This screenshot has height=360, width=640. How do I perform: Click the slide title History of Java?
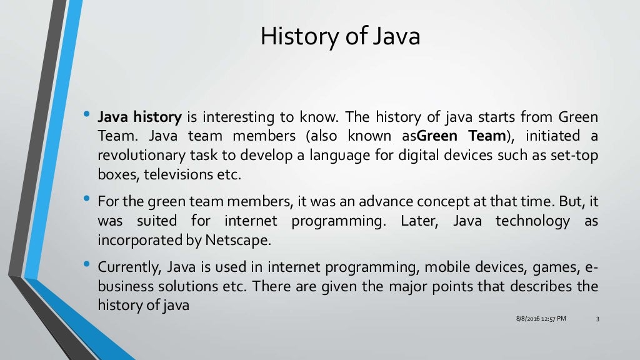click(x=340, y=36)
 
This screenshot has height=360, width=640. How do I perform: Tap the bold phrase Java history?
click(x=139, y=117)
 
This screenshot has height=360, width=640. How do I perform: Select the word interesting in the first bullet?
click(x=236, y=117)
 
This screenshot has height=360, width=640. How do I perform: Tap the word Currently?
click(x=130, y=267)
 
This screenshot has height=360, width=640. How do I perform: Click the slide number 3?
click(x=597, y=319)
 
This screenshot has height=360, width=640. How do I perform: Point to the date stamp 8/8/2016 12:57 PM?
click(x=541, y=319)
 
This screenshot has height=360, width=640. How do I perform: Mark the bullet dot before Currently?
click(x=86, y=265)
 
